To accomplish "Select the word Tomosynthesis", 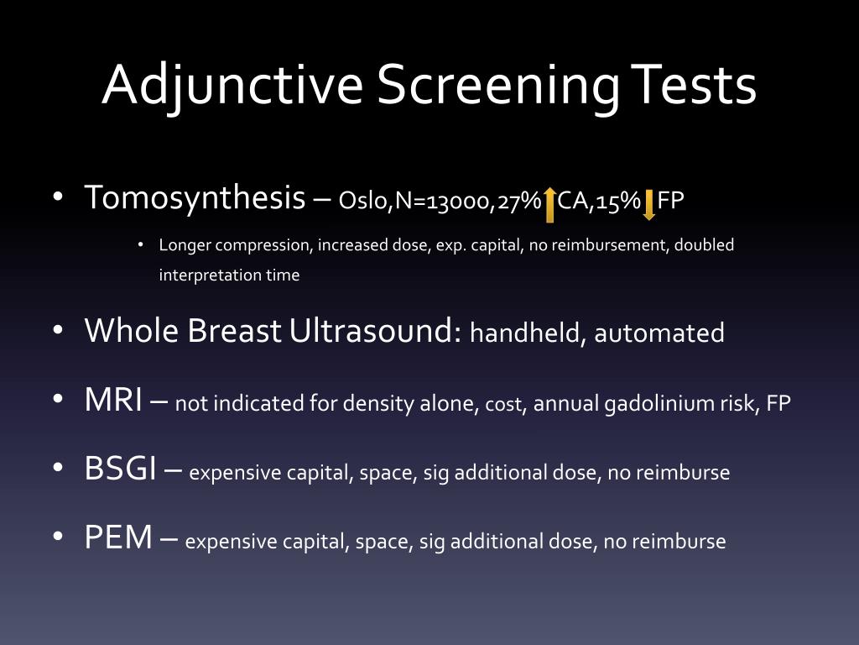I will coord(195,198).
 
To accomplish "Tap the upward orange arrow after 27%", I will coord(549,205).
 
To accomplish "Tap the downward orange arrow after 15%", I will coord(648,205).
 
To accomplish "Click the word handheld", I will coord(526,333).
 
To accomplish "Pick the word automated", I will coord(659,333).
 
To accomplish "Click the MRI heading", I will coord(113,401).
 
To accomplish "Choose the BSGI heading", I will coord(120,469).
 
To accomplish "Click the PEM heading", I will coord(118,537).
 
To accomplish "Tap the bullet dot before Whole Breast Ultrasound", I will coord(57,332).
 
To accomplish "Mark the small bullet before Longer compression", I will coord(141,245).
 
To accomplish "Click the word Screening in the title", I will coord(497,85).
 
